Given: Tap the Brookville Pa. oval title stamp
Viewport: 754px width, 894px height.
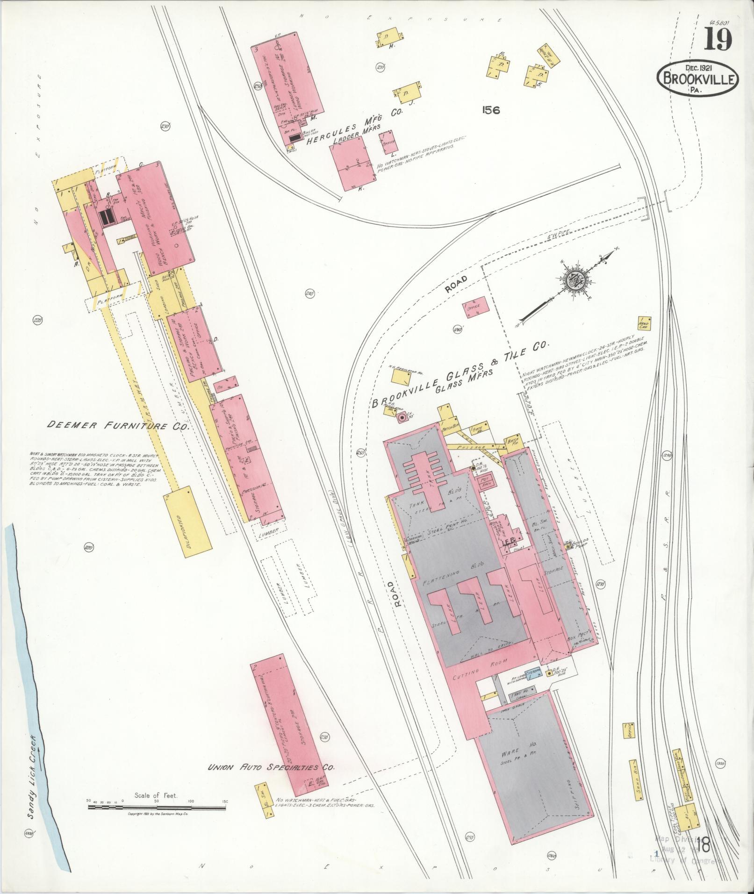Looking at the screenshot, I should pyautogui.click(x=698, y=80).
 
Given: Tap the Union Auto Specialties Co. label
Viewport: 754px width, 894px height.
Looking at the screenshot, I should pyautogui.click(x=271, y=767).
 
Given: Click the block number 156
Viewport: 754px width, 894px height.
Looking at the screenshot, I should pyautogui.click(x=488, y=110).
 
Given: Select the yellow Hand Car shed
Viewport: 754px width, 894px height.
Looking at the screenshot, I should pyautogui.click(x=645, y=322).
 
